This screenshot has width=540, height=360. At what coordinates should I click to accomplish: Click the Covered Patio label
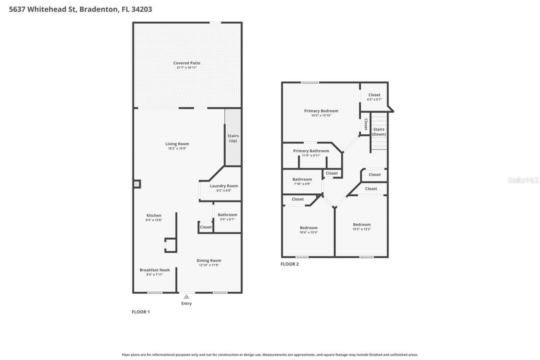pos(186,63)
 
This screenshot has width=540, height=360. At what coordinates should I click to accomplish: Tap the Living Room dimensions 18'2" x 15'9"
pos(177,149)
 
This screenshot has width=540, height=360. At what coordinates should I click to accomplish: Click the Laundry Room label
pos(224,186)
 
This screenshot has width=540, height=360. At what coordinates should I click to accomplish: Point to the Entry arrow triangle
pos(186,297)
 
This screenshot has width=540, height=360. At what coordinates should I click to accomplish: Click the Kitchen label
pos(154,216)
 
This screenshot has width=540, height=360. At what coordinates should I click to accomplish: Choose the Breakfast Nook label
pos(154,270)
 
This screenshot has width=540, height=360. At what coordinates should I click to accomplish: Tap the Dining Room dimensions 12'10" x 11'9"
pos(209,265)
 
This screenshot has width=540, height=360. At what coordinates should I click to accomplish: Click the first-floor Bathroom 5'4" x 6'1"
pos(227,217)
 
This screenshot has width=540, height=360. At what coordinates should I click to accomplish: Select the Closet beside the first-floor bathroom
pos(206,227)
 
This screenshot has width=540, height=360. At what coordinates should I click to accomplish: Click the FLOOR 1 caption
pos(141,312)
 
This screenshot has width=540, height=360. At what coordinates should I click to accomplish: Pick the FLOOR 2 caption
pos(289,264)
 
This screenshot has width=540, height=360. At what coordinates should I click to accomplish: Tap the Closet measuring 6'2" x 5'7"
pos(374,97)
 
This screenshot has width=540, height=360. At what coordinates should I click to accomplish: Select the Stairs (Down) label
pos(378,132)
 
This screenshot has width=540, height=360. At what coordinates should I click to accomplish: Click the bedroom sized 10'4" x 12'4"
pos(308,230)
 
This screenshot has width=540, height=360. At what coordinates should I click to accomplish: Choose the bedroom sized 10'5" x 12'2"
pos(362,227)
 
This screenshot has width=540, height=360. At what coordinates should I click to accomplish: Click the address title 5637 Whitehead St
pos(81,9)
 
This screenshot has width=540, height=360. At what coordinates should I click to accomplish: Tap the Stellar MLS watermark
pos(523,180)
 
